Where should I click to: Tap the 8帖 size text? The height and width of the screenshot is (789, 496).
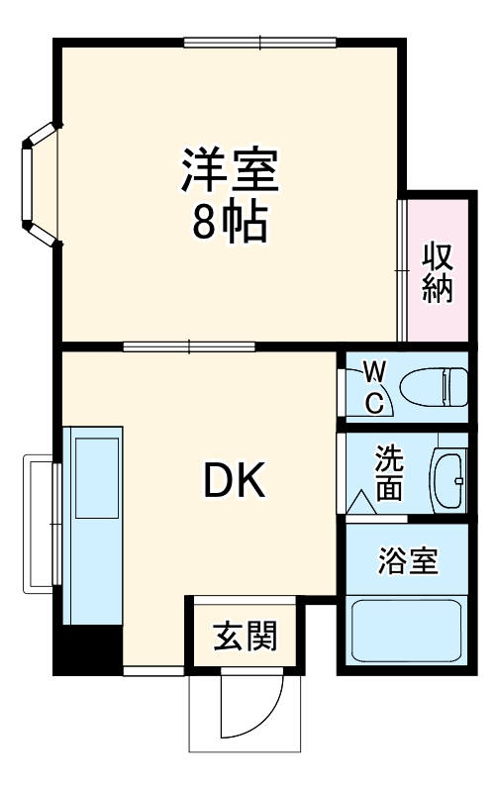[229, 224]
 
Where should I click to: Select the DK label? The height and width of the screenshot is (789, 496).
[234, 482]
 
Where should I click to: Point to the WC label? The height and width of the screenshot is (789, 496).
[374, 387]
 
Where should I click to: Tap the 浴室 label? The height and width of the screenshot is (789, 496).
[407, 561]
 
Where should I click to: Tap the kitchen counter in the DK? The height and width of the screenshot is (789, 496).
[93, 525]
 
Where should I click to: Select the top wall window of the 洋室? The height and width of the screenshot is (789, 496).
[260, 43]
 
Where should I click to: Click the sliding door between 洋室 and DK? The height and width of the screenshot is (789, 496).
[189, 346]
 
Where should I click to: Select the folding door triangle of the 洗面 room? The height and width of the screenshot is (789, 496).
[360, 502]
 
